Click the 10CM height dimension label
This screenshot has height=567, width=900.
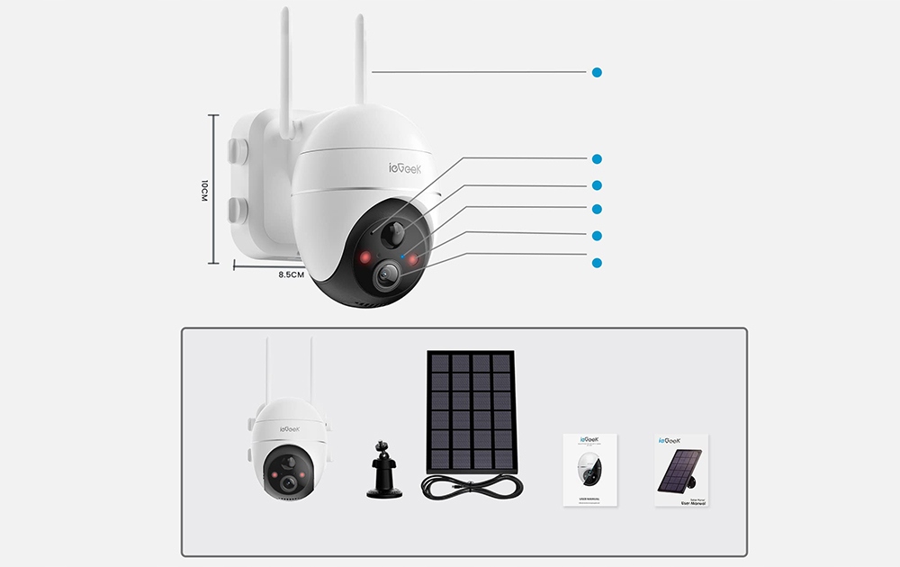click(x=204, y=191)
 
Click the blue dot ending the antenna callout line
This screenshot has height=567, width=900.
click(x=597, y=72)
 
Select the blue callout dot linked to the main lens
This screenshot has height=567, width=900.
click(x=597, y=262)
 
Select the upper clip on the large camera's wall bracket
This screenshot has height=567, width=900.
click(x=238, y=149)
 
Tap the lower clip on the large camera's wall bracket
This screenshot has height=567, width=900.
click(x=238, y=211)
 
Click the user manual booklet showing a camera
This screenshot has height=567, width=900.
click(x=589, y=469)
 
